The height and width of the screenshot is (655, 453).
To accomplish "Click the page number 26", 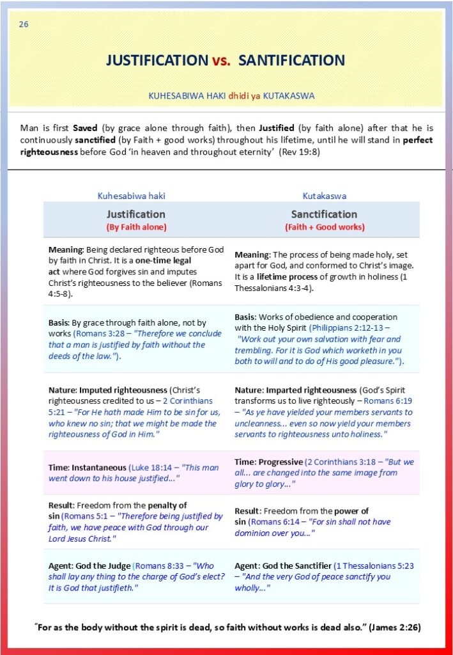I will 24,24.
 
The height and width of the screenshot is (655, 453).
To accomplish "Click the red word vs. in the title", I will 223,61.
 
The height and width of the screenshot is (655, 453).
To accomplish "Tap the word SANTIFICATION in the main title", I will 292,61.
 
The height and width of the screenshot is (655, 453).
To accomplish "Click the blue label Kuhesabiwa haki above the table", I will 135,196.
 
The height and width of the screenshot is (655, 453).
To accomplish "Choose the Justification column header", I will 135,214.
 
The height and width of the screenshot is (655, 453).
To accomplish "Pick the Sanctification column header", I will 324,214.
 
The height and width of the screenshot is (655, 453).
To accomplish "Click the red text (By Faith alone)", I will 135,227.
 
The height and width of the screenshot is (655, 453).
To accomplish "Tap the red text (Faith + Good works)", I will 325,227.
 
